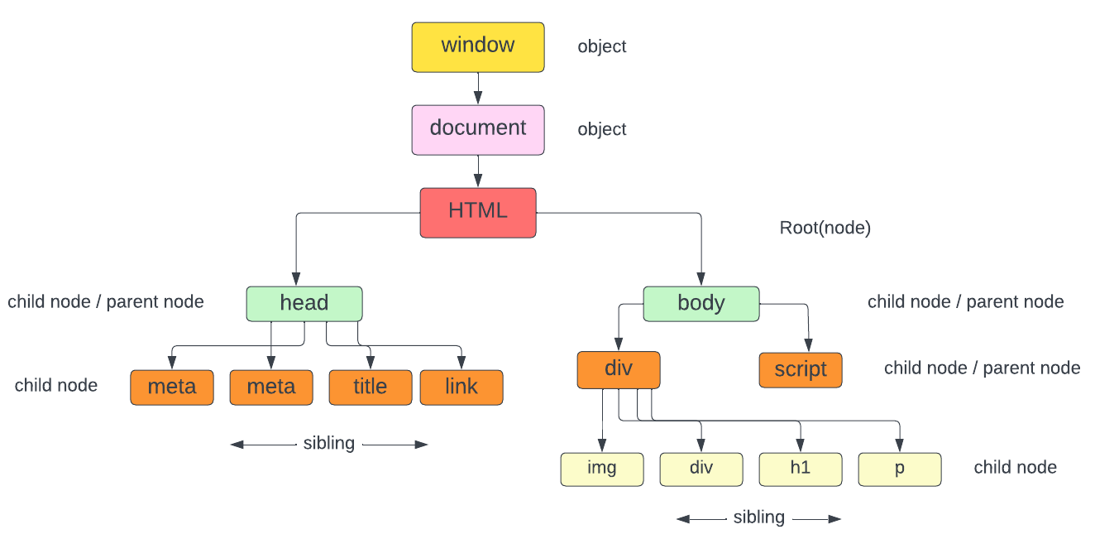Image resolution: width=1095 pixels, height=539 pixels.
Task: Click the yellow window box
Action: click(478, 46)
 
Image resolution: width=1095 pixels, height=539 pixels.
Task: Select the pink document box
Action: click(478, 129)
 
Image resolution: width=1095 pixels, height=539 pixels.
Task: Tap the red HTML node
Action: click(478, 212)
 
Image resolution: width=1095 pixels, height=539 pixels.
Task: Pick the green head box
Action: click(304, 303)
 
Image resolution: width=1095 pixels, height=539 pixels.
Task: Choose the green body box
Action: click(701, 303)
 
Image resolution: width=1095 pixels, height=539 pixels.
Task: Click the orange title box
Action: click(370, 387)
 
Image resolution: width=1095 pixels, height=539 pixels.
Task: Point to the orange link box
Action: click(461, 387)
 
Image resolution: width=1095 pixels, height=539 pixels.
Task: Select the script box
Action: click(801, 370)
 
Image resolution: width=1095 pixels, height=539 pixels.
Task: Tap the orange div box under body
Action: click(619, 369)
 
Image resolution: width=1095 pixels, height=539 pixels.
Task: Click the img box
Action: click(602, 469)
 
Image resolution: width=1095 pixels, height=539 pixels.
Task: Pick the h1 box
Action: click(801, 469)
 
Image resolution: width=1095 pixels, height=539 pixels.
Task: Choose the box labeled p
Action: click(900, 469)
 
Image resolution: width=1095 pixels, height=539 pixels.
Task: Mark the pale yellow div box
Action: click(701, 469)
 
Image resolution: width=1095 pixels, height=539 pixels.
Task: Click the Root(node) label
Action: click(825, 228)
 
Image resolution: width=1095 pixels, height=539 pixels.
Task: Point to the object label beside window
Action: click(602, 46)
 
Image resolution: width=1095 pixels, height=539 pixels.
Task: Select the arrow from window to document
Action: click(478, 88)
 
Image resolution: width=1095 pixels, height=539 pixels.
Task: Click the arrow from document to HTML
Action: click(478, 171)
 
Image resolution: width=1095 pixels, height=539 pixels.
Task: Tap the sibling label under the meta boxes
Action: click(329, 444)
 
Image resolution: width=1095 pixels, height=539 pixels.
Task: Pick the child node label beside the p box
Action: click(1016, 468)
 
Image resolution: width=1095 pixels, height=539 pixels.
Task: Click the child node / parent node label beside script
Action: click(983, 368)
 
